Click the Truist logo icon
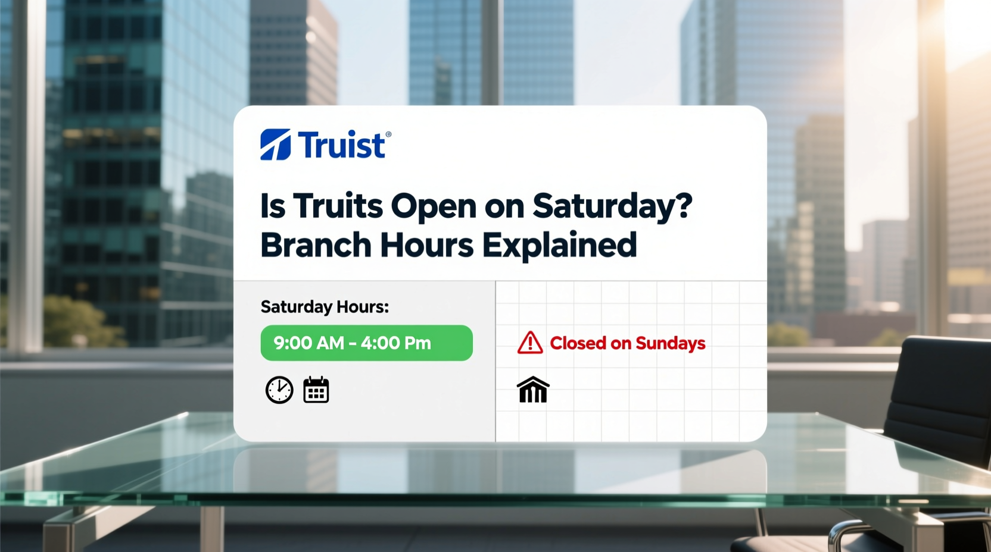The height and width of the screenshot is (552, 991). pyautogui.click(x=275, y=145)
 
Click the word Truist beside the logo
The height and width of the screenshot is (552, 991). pyautogui.click(x=341, y=146)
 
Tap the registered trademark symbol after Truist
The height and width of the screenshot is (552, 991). pyautogui.click(x=389, y=135)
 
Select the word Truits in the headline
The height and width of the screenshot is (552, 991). pyautogui.click(x=338, y=206)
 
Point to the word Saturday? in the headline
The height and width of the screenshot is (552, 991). pyautogui.click(x=612, y=207)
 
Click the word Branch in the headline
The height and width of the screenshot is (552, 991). pyautogui.click(x=316, y=245)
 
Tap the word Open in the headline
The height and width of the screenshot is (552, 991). pyautogui.click(x=433, y=207)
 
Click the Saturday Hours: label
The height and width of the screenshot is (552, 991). pyautogui.click(x=325, y=307)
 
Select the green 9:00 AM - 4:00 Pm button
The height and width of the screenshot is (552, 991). pyautogui.click(x=366, y=343)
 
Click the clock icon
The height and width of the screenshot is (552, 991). pyautogui.click(x=279, y=390)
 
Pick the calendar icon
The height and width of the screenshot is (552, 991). pyautogui.click(x=316, y=390)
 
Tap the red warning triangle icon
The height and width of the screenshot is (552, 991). pyautogui.click(x=530, y=343)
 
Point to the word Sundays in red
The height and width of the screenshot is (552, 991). pyautogui.click(x=670, y=343)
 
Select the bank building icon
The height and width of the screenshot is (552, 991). pyautogui.click(x=533, y=390)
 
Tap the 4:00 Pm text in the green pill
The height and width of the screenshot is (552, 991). pyautogui.click(x=395, y=343)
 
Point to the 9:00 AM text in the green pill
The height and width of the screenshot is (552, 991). pyautogui.click(x=308, y=343)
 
